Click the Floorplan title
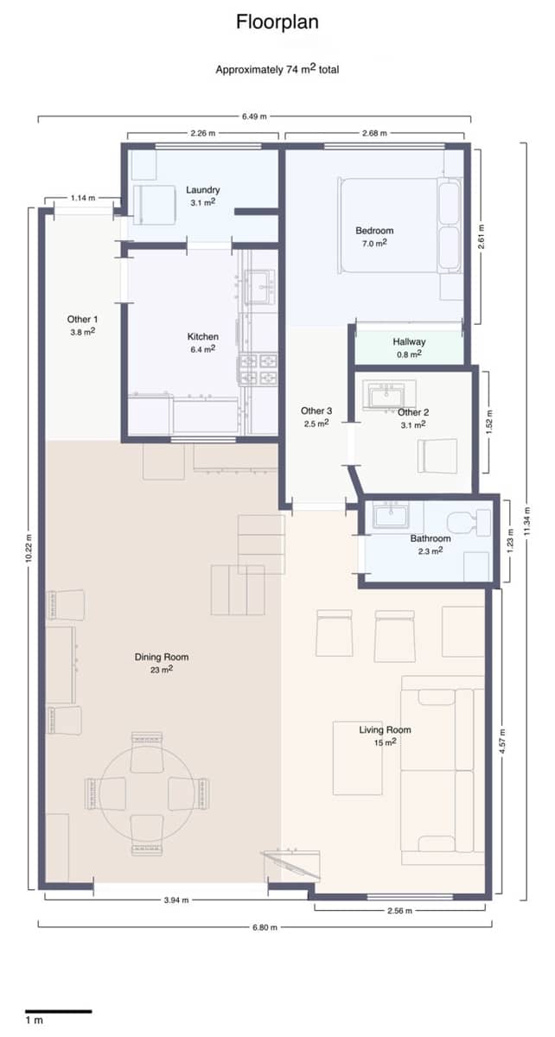[277, 22]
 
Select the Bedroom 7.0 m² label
[374, 237]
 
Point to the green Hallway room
[409, 347]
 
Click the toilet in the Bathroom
[469, 523]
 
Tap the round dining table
[147, 792]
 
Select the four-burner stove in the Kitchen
[258, 369]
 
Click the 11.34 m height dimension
[526, 521]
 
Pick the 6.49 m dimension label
[254, 116]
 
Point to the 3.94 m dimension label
[176, 900]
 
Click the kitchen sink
[260, 287]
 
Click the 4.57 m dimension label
[502, 741]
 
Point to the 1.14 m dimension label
[83, 198]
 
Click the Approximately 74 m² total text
[277, 69]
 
